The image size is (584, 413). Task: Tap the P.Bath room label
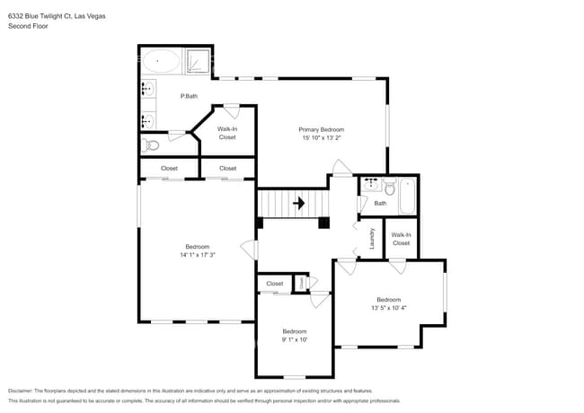189,96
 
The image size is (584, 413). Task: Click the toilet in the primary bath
151,144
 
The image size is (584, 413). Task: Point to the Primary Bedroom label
322,130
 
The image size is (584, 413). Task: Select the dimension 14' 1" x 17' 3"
197,255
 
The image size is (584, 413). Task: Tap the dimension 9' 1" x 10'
295,339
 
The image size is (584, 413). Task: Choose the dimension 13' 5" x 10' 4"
388,308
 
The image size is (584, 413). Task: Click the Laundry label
372,239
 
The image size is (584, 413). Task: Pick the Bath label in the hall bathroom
380,204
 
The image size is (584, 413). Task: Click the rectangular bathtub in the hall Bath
406,197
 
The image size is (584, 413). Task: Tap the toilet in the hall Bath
389,188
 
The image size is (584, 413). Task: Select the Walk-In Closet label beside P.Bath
226,133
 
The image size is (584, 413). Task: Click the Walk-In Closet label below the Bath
401,239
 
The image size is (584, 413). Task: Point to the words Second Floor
27,26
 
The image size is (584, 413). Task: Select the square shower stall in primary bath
198,61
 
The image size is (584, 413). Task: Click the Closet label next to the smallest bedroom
274,284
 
